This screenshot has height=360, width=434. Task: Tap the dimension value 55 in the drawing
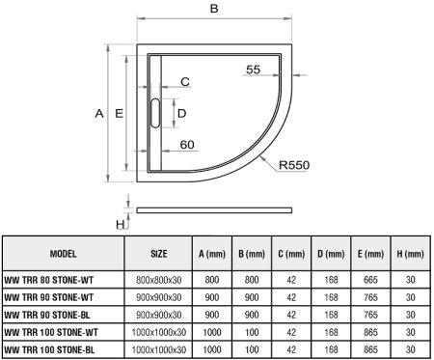(253, 69)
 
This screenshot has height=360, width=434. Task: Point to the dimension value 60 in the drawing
(188, 145)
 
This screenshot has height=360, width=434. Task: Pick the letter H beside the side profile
(121, 224)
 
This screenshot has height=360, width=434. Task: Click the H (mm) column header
(409, 252)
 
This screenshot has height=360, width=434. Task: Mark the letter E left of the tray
(119, 114)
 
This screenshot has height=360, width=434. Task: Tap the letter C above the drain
(184, 81)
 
